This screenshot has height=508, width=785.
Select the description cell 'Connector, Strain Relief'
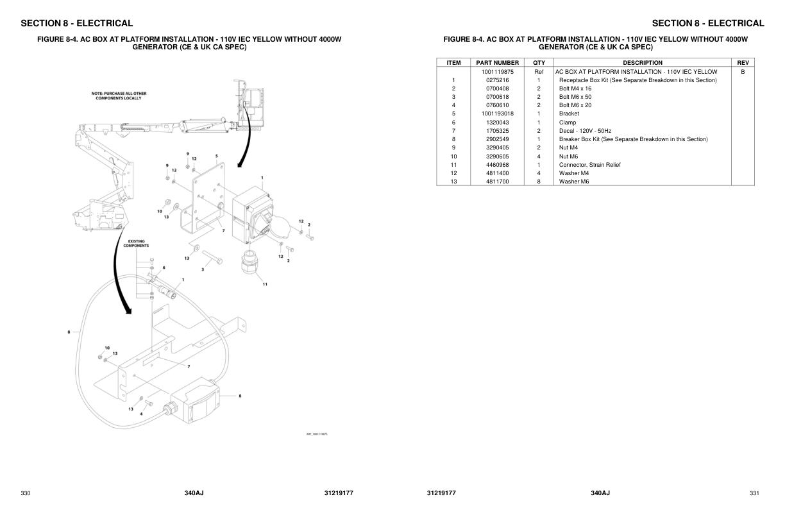tap(589, 165)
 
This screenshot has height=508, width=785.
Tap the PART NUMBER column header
tap(497, 63)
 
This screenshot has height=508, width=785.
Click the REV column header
tap(743, 63)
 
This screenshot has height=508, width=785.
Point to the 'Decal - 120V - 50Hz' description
tap(585, 131)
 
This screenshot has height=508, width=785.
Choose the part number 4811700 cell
tap(497, 182)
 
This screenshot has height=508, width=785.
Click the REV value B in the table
tap(743, 72)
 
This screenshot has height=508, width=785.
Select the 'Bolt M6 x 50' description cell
tap(575, 97)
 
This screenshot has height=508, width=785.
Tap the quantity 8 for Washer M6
tap(539, 182)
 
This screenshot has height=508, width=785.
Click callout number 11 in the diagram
tap(265, 284)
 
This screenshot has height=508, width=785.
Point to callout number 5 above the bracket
tap(217, 156)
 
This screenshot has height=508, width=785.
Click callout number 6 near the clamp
tap(164, 267)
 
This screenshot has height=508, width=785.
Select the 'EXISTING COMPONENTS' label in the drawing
tap(136, 244)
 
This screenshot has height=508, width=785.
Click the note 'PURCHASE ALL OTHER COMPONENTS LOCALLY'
tap(119, 96)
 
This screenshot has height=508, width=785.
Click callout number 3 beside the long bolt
tap(203, 269)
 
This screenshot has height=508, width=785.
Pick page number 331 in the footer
tap(754, 493)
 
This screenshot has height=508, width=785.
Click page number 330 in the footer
tap(26, 493)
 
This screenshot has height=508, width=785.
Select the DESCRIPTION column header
tap(642, 63)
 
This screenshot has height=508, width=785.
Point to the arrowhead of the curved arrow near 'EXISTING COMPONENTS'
tap(128, 311)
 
